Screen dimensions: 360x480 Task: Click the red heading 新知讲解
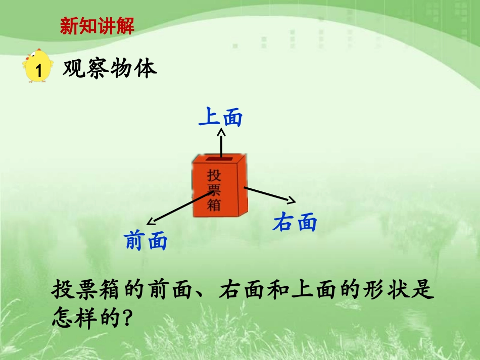[x=97, y=26]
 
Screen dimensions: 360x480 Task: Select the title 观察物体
[x=110, y=69]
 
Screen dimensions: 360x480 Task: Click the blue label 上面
[x=221, y=118]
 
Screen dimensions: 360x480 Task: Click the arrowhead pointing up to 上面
[x=221, y=133]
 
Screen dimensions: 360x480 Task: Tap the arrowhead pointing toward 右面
[x=291, y=199]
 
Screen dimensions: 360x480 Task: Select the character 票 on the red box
[x=215, y=190]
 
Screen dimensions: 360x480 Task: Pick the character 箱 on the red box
[x=215, y=205]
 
